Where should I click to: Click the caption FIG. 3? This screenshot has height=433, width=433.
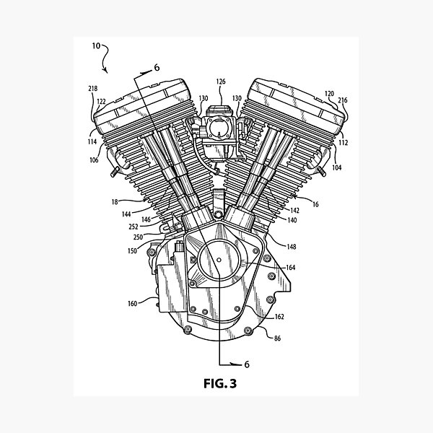[x=216, y=383]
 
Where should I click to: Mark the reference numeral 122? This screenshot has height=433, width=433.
[x=102, y=101]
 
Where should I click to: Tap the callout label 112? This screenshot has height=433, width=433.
[x=343, y=143]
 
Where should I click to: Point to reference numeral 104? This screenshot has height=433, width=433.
[x=338, y=167]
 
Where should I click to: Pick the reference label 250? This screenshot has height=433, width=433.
[x=139, y=236]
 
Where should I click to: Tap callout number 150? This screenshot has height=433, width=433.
[x=131, y=250]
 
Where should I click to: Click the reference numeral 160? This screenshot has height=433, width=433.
[x=132, y=303]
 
